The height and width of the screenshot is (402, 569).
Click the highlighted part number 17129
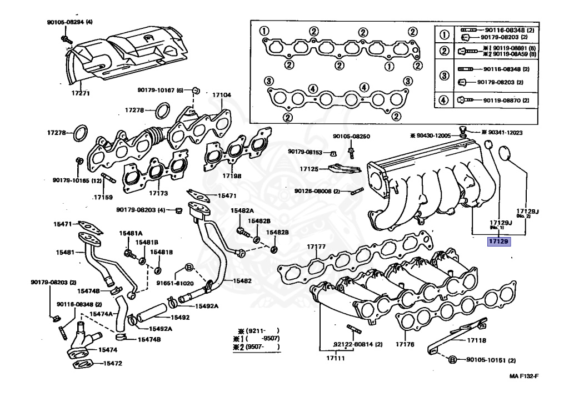pyautogui.click(x=499, y=242)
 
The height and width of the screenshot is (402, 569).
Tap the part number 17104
pyautogui.click(x=221, y=95)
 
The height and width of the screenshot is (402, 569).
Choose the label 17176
pyautogui.click(x=405, y=345)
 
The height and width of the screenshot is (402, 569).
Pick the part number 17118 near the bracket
pyautogui.click(x=476, y=340)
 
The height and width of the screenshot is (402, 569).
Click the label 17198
pyautogui.click(x=232, y=176)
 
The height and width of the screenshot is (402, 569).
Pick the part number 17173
pyautogui.click(x=158, y=193)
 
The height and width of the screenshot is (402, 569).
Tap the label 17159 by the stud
pyautogui.click(x=103, y=197)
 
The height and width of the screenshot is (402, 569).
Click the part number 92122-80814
pyautogui.click(x=358, y=344)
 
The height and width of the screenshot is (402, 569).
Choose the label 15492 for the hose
pyautogui.click(x=180, y=318)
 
